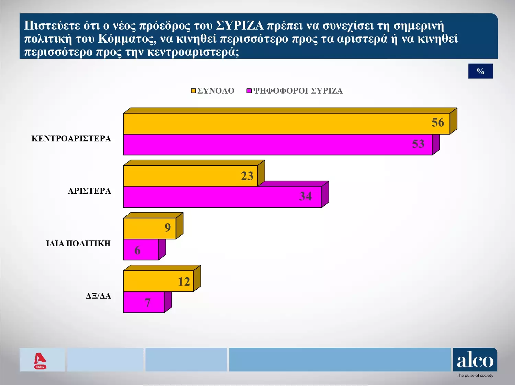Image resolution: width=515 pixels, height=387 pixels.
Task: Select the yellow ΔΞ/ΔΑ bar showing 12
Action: [x=158, y=281]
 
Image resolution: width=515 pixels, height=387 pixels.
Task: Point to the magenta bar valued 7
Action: [x=144, y=302]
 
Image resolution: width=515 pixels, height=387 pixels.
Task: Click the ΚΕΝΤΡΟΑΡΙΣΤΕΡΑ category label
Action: [x=71, y=139]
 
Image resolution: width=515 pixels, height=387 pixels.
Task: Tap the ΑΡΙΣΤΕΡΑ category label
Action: [x=89, y=191]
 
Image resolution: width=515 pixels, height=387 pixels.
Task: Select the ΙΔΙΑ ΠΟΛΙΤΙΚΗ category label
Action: [x=78, y=244]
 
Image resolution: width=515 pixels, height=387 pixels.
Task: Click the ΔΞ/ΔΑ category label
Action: [x=98, y=296]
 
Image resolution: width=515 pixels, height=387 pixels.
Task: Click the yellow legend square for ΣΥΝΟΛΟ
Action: [x=193, y=91]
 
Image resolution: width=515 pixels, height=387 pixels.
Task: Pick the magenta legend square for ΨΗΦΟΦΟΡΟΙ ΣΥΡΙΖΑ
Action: [x=249, y=91]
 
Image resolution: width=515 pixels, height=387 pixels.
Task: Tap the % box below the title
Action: [x=480, y=71]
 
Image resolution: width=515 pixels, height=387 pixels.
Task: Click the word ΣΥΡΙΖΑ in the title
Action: [x=240, y=26]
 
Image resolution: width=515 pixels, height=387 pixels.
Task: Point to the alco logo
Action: [x=475, y=360]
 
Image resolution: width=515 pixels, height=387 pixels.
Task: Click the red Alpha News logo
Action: [x=40, y=361]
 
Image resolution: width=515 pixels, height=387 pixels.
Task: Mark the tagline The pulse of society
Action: [x=475, y=376]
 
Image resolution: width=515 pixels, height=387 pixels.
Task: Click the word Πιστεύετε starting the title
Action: [x=52, y=26]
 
